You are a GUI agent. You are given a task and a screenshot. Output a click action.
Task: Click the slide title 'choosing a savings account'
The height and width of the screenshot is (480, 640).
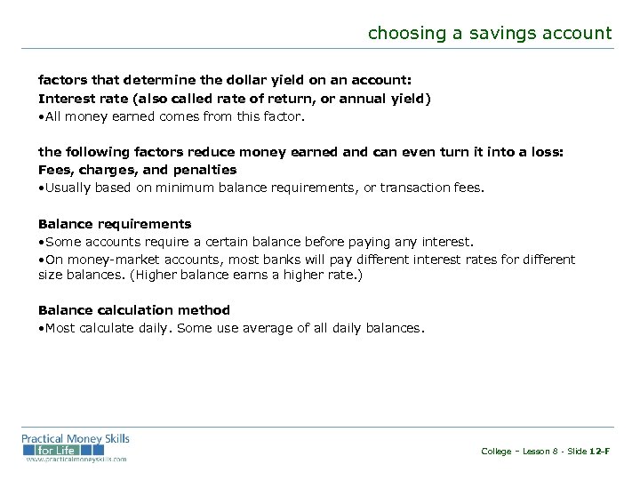[490, 34]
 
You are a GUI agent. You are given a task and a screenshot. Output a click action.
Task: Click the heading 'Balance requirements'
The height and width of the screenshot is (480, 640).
[115, 224]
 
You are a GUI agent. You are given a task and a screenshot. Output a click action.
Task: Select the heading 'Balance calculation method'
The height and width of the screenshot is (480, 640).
[133, 310]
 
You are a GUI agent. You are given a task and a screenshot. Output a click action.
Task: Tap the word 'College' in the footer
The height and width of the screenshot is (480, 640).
[496, 452]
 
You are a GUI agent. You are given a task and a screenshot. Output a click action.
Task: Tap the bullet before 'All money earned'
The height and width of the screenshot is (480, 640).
[41, 116]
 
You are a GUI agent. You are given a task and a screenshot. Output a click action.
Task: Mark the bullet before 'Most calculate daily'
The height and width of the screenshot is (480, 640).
[41, 329]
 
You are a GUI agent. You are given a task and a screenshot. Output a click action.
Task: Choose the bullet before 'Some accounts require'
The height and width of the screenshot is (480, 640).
[41, 243]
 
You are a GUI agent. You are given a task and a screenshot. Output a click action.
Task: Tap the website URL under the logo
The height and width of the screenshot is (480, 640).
[76, 460]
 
